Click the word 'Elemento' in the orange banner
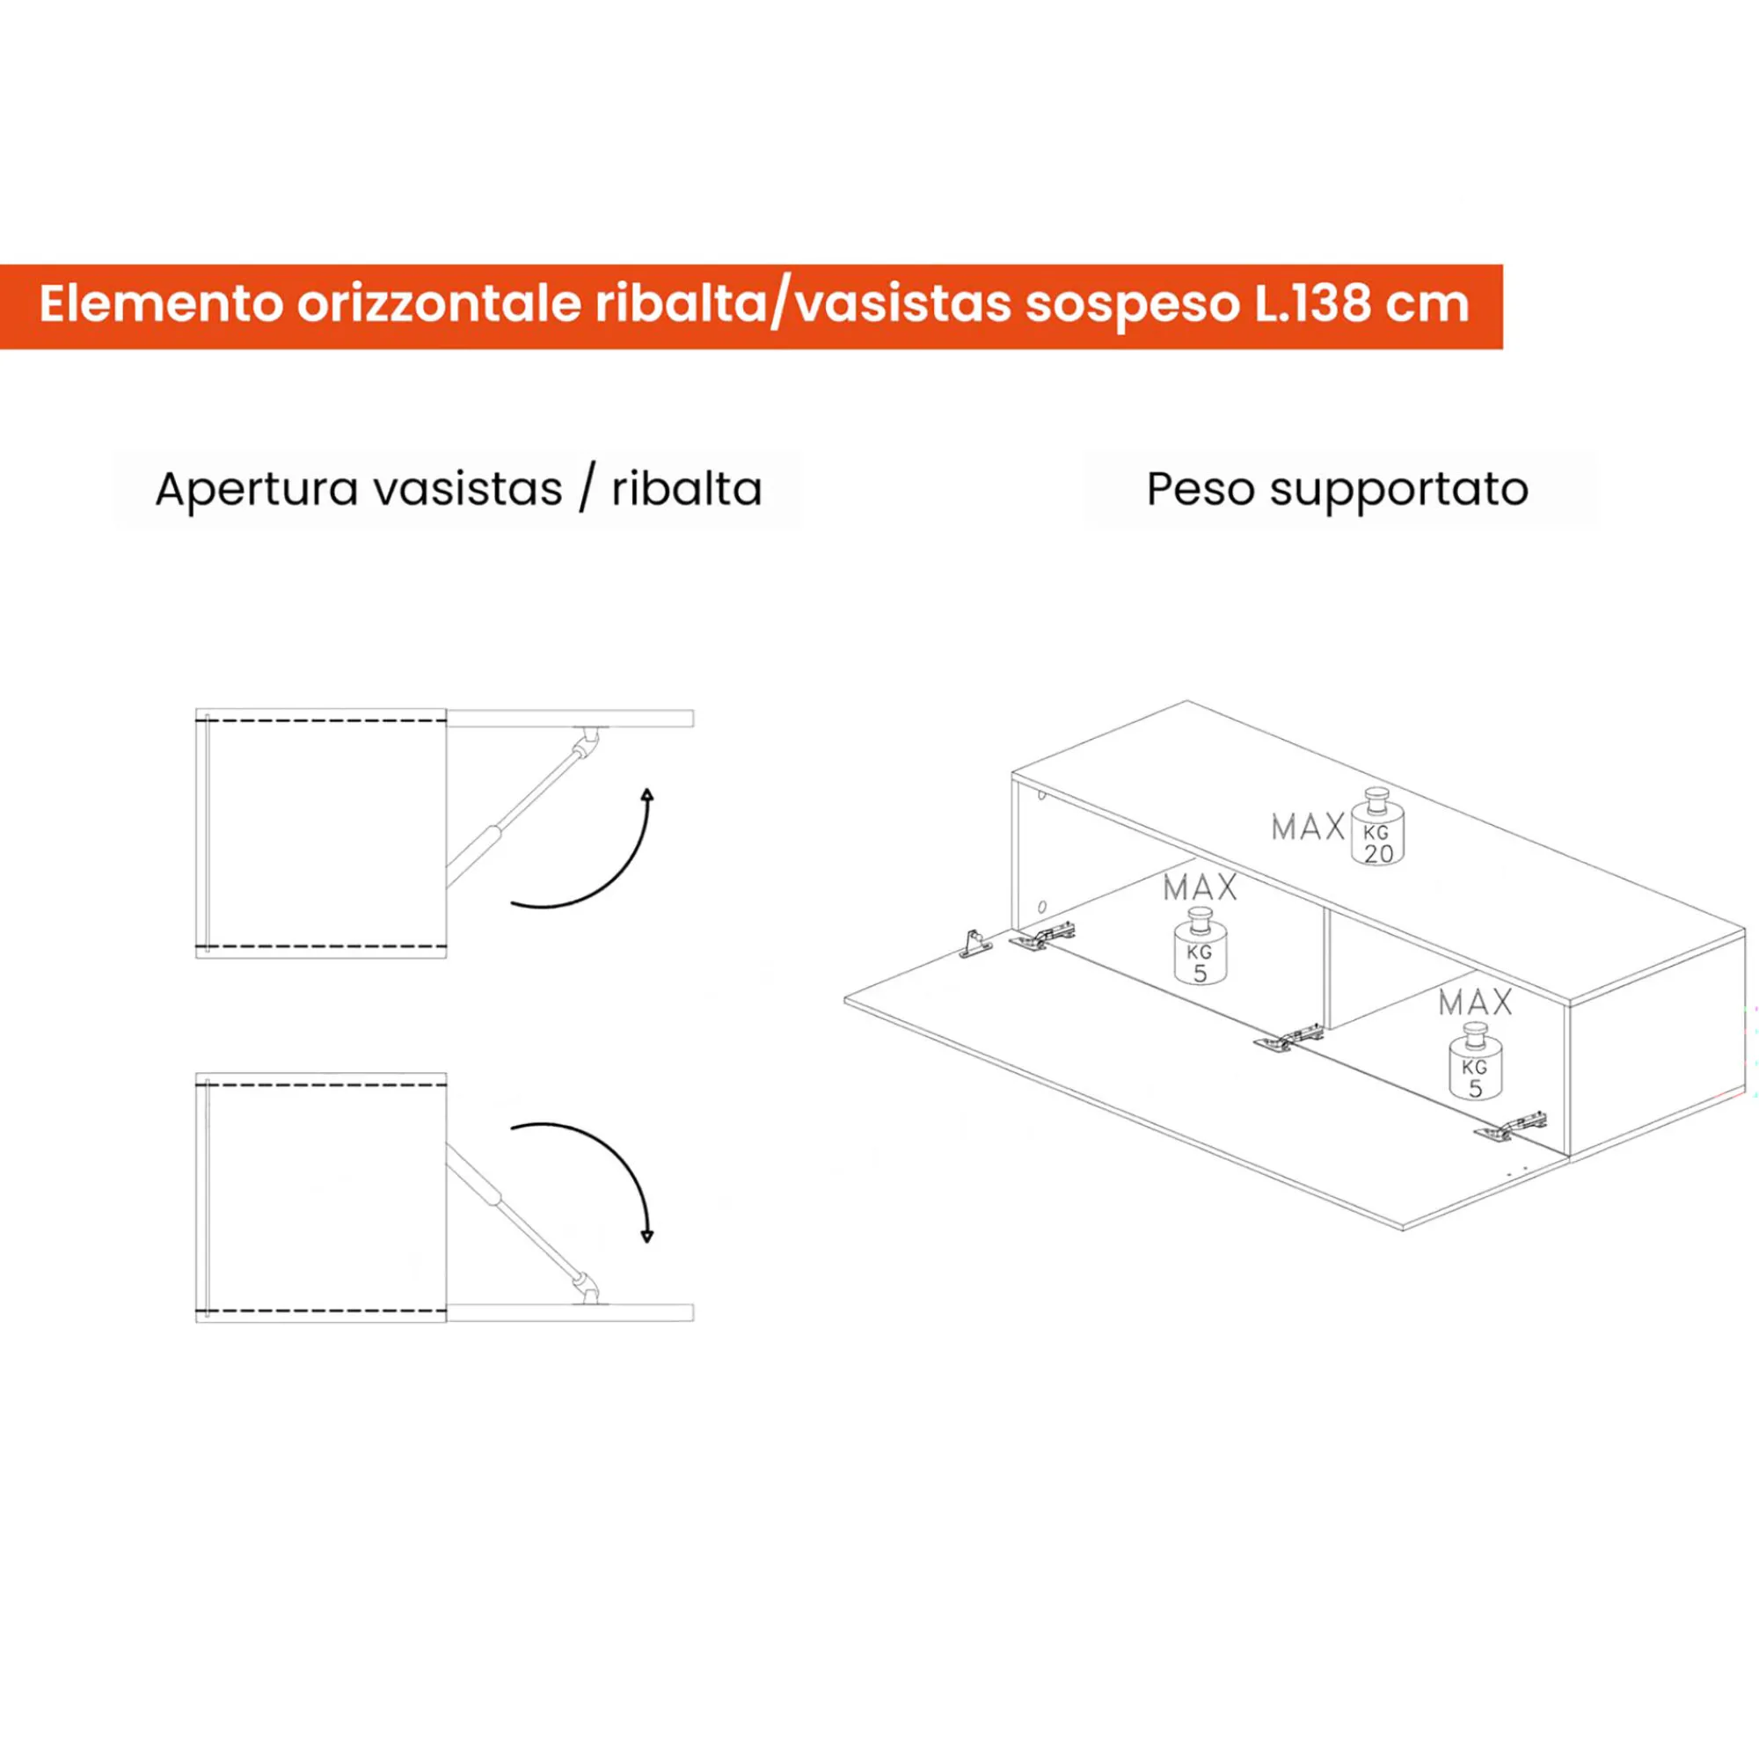point(160,303)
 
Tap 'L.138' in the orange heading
point(1312,303)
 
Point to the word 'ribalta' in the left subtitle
point(687,489)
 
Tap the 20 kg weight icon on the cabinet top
point(1377,826)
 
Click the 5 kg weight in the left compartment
point(1200,947)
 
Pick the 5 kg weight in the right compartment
point(1475,1062)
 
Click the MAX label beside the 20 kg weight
point(1308,828)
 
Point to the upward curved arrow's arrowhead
point(647,795)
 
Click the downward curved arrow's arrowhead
point(647,1236)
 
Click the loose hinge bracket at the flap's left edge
point(975,943)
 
